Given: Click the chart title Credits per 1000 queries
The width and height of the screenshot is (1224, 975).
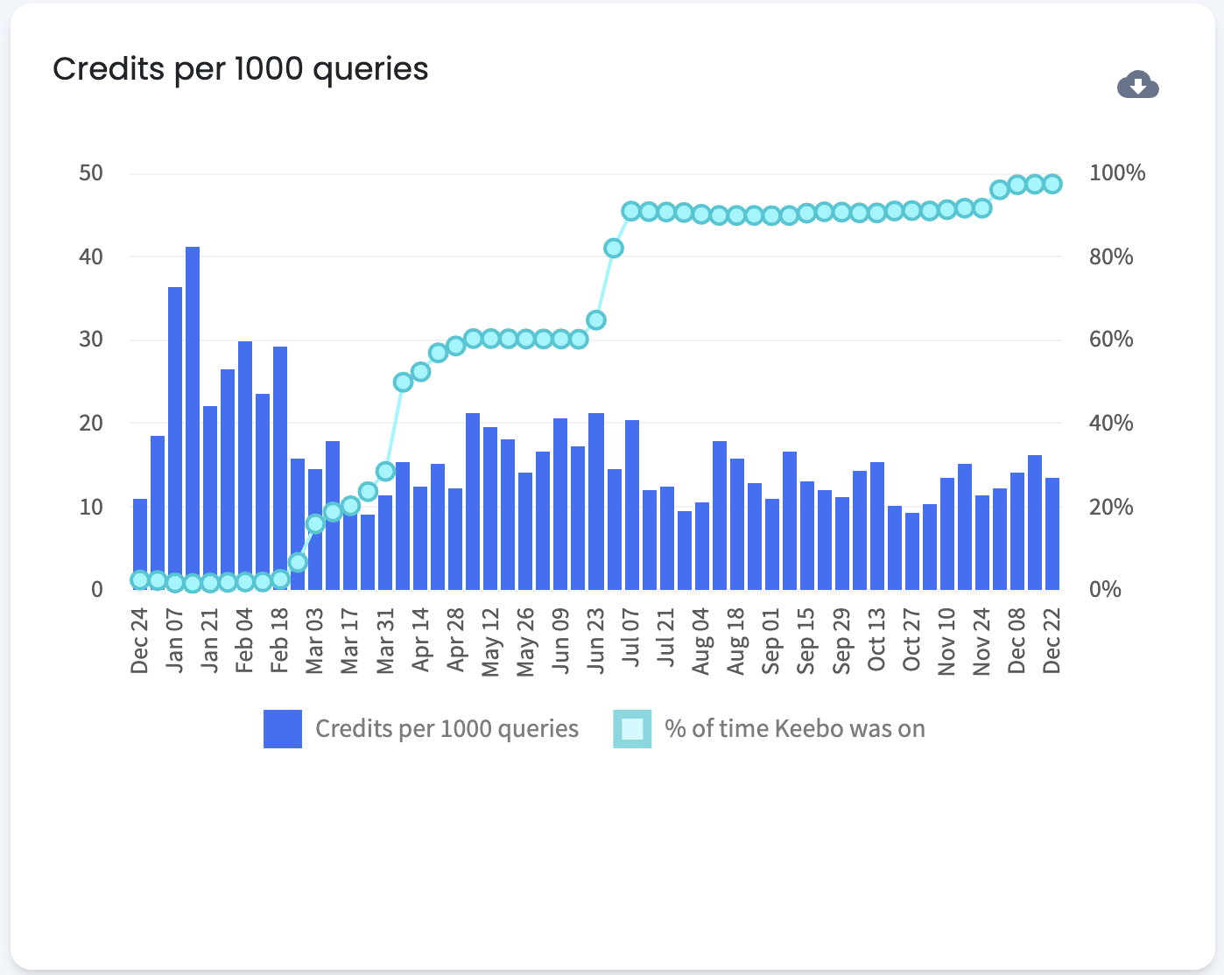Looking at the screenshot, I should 241,69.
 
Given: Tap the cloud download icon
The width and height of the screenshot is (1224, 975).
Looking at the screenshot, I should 1137,85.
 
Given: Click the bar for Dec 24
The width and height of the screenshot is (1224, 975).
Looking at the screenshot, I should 140,544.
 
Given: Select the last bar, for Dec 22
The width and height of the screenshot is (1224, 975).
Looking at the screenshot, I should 1052,534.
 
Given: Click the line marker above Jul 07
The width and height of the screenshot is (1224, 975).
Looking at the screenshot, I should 631,211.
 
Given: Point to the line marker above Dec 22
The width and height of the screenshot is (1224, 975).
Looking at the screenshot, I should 1052,184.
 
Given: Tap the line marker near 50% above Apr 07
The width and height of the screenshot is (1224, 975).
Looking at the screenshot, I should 403,382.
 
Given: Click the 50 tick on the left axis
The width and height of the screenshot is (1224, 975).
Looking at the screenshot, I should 91,173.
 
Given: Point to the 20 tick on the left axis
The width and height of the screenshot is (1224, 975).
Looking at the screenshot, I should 91,424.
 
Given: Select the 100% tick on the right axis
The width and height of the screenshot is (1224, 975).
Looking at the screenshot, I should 1116,173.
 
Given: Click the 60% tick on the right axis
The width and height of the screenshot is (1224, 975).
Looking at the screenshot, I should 1111,340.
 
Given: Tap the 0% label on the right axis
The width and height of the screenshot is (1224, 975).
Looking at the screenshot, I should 1105,590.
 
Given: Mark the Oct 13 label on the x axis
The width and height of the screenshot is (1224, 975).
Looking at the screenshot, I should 876,640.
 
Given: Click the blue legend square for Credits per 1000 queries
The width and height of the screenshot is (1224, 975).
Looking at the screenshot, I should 283,729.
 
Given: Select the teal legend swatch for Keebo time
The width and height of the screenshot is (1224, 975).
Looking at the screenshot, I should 632,729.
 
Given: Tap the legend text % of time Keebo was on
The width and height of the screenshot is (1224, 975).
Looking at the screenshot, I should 795,729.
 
